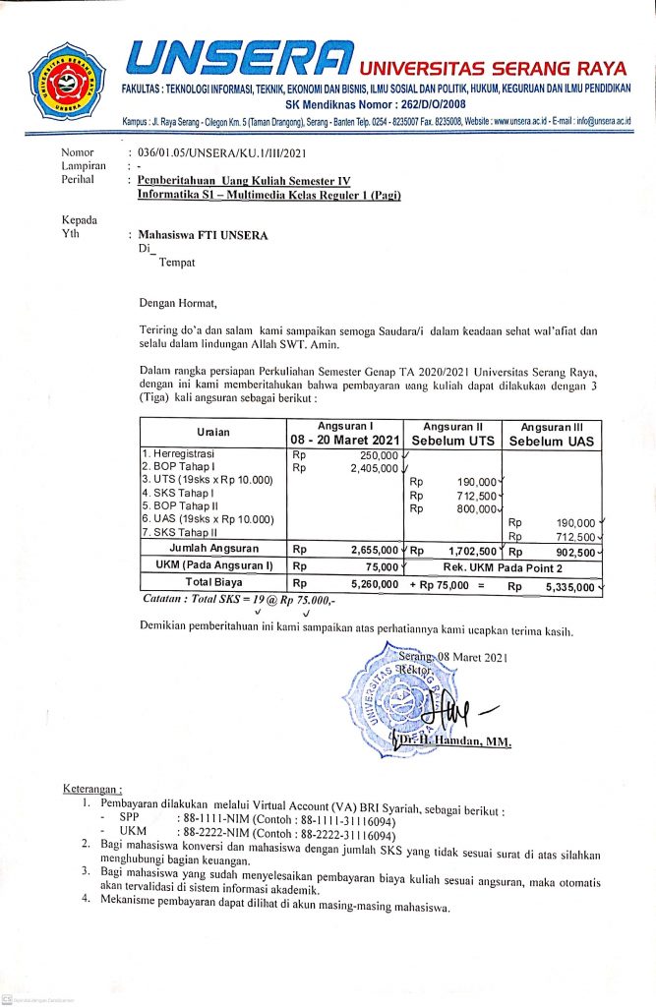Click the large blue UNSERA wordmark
(238, 61)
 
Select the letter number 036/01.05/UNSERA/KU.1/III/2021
(218, 152)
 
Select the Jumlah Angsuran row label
(213, 549)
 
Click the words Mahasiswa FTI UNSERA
(203, 235)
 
